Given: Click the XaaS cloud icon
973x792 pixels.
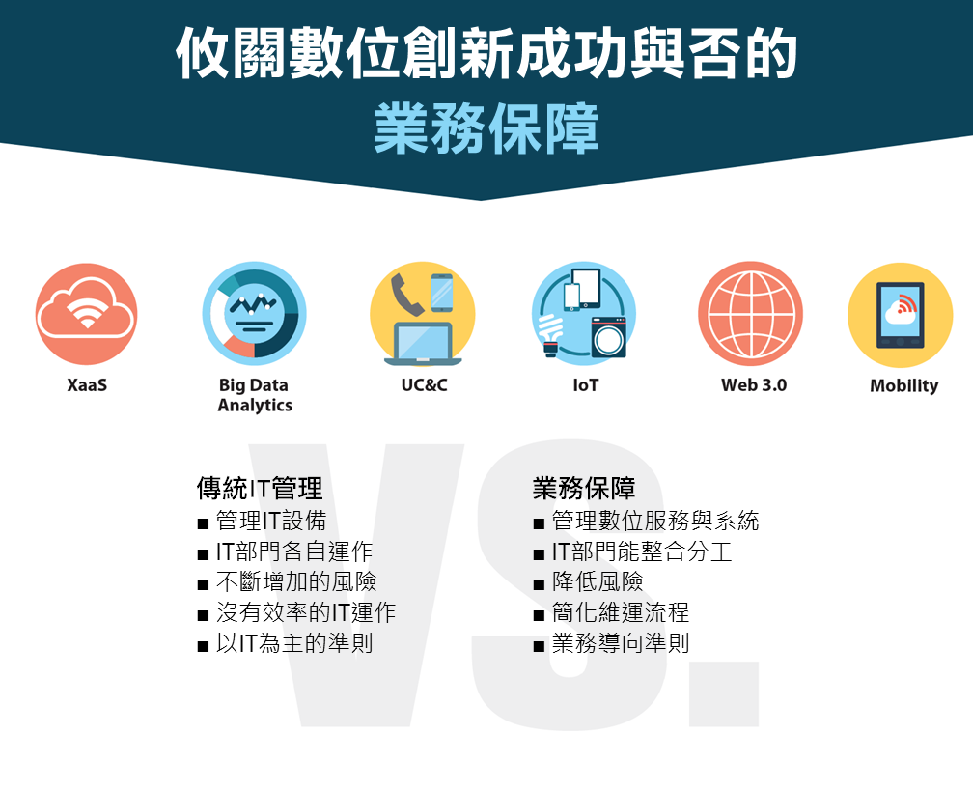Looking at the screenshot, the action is [x=86, y=314].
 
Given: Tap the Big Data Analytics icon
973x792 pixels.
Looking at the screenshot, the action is [x=255, y=314].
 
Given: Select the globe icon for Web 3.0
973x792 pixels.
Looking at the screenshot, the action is [x=751, y=314].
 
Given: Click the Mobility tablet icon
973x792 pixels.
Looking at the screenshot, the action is [x=901, y=315].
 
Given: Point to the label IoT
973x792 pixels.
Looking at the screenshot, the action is [x=586, y=385].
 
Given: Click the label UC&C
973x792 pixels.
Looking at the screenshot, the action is [x=424, y=385].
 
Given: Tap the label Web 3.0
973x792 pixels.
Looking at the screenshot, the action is [x=754, y=385].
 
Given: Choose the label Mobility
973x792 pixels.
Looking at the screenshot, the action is [x=904, y=386].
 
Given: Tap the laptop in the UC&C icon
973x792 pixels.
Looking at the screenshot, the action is [x=423, y=344].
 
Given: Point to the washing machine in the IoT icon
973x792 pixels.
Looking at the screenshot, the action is [x=608, y=337].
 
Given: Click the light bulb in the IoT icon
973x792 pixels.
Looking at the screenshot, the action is [x=550, y=334].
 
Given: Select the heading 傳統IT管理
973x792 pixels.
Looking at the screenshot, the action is [x=260, y=489].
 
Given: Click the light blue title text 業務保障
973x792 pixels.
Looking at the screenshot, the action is [x=486, y=128].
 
